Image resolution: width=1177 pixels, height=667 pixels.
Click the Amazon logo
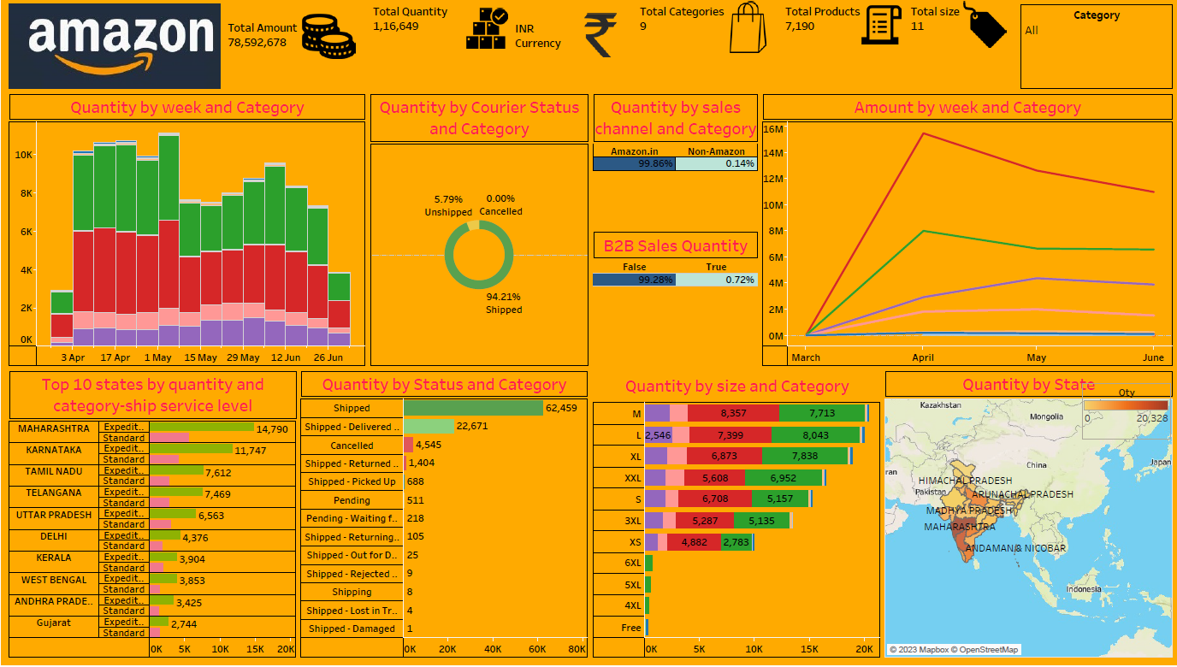(115, 46)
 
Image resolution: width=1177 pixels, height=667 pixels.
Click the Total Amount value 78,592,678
(257, 42)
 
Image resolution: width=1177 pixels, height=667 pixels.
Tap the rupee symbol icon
(600, 35)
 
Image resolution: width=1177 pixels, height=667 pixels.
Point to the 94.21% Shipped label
(503, 304)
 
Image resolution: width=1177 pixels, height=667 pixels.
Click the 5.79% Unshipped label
(448, 205)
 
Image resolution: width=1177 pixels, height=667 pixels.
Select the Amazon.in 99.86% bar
(634, 163)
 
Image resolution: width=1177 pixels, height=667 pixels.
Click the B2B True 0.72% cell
(717, 280)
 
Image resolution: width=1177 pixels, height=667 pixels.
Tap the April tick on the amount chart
(922, 357)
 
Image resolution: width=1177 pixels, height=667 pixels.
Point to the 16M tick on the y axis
(773, 129)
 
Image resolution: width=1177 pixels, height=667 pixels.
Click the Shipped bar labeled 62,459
(473, 408)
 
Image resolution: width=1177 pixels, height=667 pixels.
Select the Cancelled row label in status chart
(352, 446)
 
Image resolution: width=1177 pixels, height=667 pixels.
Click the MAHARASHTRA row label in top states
(54, 428)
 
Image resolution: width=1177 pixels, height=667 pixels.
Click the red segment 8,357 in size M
(733, 413)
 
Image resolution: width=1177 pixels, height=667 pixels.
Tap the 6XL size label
(632, 563)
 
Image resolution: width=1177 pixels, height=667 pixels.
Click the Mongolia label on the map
(1046, 417)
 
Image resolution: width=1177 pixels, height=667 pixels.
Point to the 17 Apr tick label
(115, 357)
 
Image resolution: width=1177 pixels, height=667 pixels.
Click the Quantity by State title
(1028, 384)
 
